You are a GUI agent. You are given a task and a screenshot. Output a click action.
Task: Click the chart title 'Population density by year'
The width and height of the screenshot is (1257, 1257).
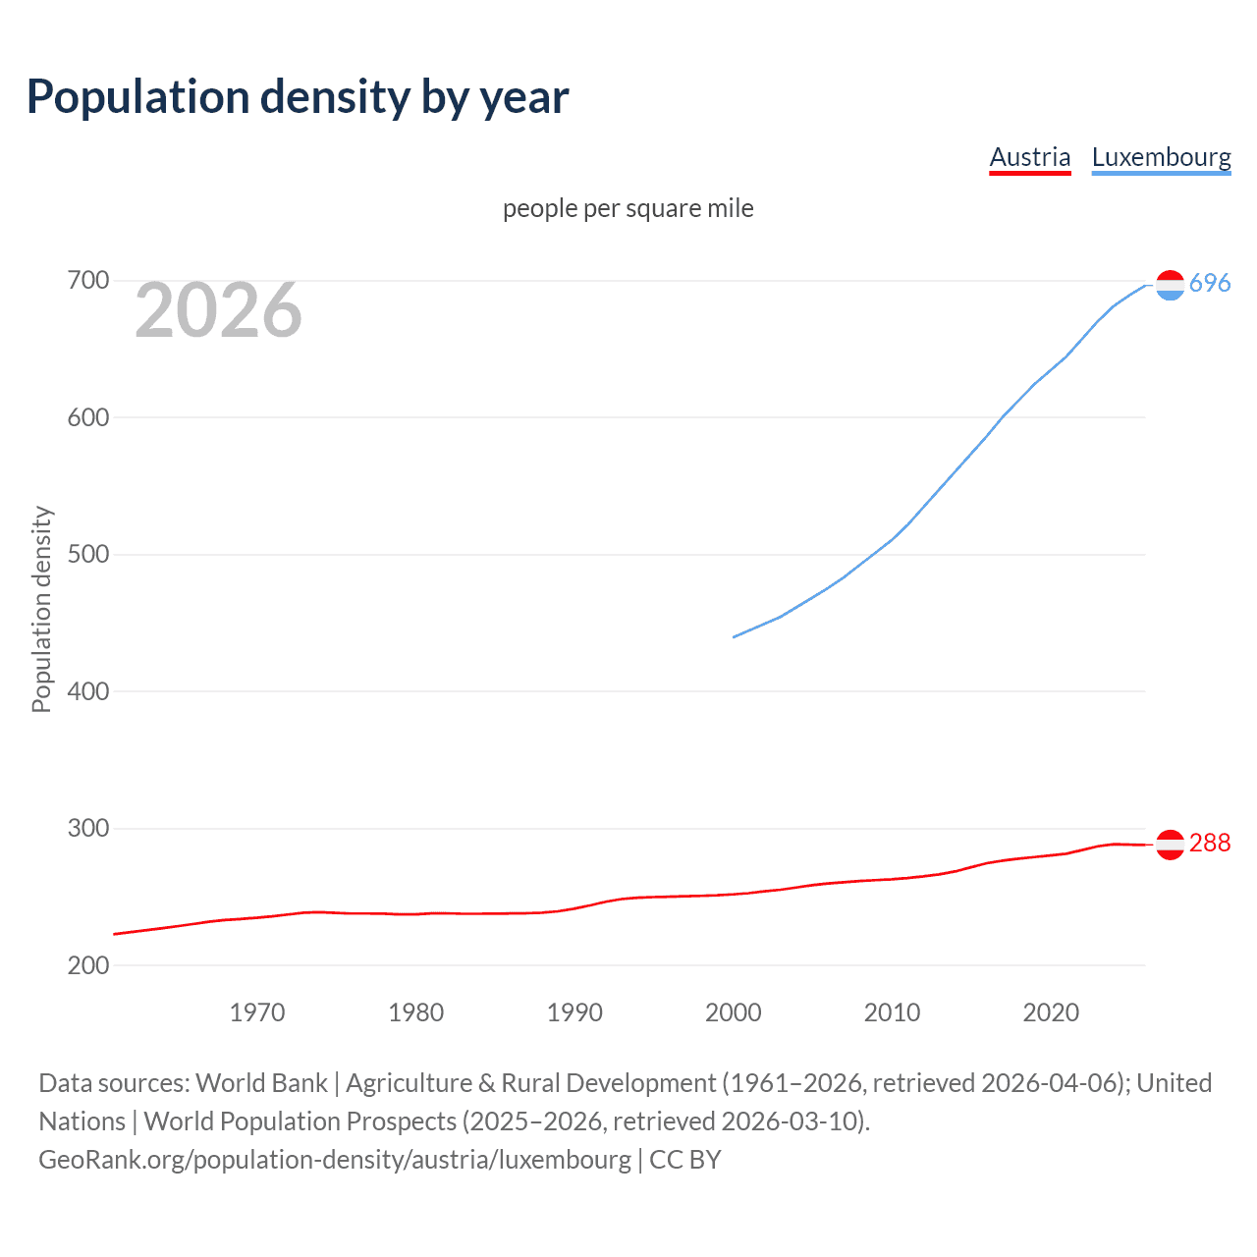(x=298, y=96)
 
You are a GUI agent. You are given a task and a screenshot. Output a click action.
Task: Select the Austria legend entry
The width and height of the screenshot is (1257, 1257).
(x=1029, y=157)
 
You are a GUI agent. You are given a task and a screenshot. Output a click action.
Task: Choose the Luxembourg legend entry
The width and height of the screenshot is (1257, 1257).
(x=1161, y=157)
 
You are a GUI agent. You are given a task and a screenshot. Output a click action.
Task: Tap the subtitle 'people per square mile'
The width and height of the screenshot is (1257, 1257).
(x=628, y=208)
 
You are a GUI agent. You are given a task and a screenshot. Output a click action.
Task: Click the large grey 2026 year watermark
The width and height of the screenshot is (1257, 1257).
(x=218, y=310)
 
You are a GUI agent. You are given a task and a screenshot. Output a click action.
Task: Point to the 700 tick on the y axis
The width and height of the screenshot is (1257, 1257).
(x=88, y=281)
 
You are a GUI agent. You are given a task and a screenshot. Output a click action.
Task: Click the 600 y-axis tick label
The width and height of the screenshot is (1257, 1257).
(x=88, y=417)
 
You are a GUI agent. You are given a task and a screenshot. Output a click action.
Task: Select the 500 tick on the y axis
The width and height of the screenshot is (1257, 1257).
(x=88, y=555)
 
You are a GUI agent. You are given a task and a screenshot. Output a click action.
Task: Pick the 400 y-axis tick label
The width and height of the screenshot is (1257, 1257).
(x=88, y=691)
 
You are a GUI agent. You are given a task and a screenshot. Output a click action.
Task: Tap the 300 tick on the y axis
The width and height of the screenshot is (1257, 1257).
(x=88, y=829)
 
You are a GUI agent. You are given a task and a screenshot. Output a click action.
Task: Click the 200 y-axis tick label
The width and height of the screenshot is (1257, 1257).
(x=88, y=965)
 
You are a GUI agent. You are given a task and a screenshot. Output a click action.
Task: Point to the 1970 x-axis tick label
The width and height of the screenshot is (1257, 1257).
(x=257, y=1012)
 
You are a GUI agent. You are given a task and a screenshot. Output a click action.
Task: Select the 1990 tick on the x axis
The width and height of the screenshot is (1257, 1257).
(x=574, y=1012)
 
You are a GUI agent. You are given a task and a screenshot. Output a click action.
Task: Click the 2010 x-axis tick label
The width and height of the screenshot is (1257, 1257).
(x=892, y=1012)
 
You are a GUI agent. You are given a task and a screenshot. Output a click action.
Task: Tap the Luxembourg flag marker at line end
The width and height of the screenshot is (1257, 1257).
(x=1170, y=285)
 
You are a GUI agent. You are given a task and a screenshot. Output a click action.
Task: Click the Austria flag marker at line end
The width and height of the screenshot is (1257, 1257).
(x=1170, y=845)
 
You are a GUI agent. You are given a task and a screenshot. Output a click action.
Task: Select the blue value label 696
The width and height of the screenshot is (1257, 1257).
(x=1210, y=284)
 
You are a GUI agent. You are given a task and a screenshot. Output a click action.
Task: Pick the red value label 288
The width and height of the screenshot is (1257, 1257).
(x=1210, y=844)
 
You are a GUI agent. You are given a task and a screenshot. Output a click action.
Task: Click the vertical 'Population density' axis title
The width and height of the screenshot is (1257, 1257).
(x=41, y=609)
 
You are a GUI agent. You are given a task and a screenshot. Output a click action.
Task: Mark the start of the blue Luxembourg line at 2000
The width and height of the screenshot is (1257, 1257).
(x=735, y=637)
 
